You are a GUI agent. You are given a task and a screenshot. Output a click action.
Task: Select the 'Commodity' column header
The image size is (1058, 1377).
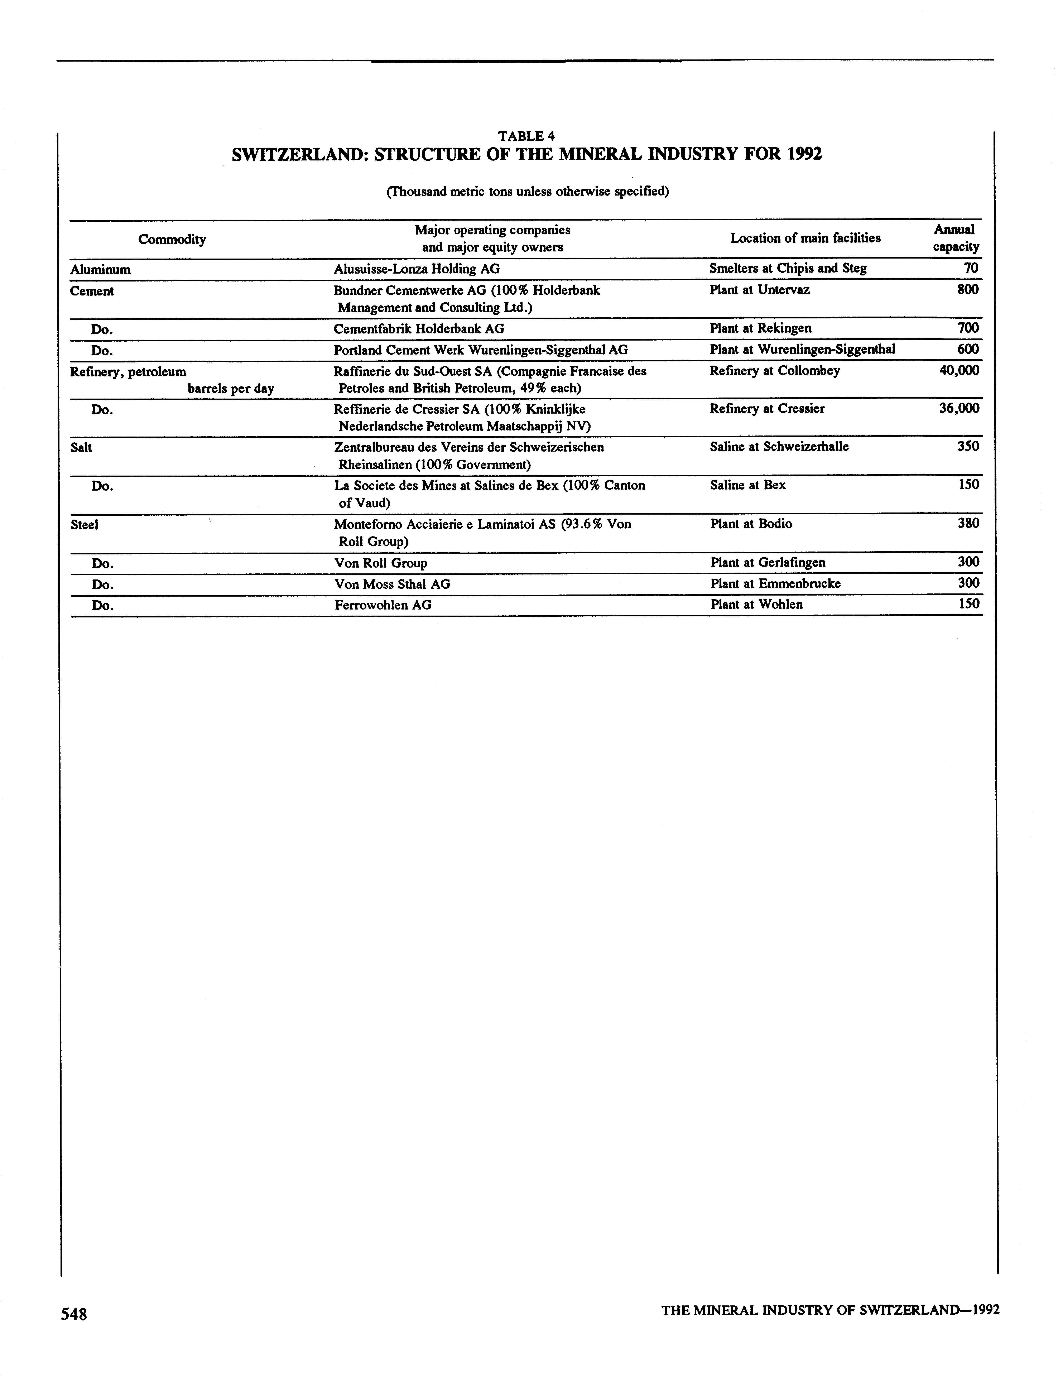[172, 239]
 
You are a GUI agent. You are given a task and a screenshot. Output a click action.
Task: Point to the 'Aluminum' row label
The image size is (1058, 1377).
[101, 269]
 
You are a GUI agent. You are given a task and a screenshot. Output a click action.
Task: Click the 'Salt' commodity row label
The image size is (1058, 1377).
[81, 448]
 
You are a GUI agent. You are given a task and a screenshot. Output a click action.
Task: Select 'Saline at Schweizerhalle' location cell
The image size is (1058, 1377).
[779, 446]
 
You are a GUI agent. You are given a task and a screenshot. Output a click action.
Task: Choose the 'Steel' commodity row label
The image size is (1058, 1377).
[84, 524]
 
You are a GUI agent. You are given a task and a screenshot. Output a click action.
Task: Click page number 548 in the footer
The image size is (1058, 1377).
[74, 1314]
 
